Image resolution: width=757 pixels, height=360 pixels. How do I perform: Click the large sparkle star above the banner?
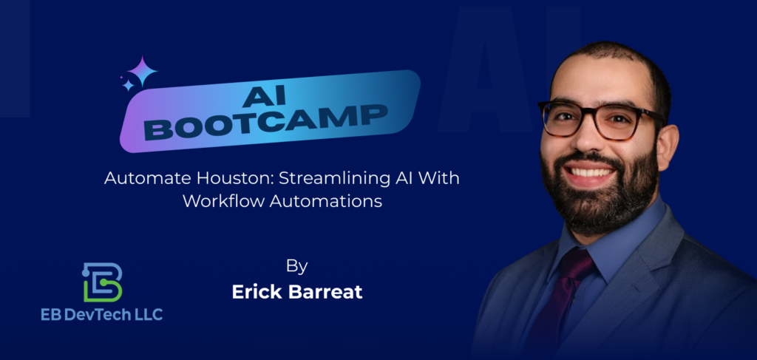pos(143,71)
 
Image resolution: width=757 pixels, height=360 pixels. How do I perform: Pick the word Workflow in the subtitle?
pos(223,201)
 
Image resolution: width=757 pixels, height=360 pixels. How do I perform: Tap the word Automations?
pos(326,201)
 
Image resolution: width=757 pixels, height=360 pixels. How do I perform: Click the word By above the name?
pos(297,267)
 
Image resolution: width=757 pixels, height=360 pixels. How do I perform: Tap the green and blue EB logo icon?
pos(102,282)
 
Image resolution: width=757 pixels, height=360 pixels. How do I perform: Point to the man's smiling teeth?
pos(590,171)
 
